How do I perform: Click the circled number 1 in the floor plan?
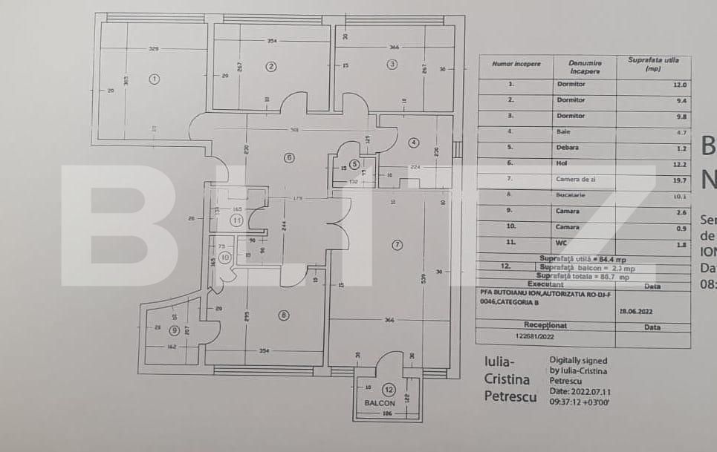[x=154, y=78]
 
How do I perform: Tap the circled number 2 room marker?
[x=271, y=66]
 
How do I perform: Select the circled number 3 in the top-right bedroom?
[x=392, y=64]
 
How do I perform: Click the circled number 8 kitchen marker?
[x=283, y=315]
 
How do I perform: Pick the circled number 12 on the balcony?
[x=388, y=389]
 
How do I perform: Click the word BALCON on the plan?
[x=380, y=402]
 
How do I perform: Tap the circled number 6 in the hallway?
[x=290, y=157]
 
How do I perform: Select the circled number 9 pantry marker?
[x=175, y=330]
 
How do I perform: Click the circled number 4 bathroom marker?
[x=414, y=143]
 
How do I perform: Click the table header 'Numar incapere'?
[x=516, y=64]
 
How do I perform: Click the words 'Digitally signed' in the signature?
[x=578, y=361]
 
